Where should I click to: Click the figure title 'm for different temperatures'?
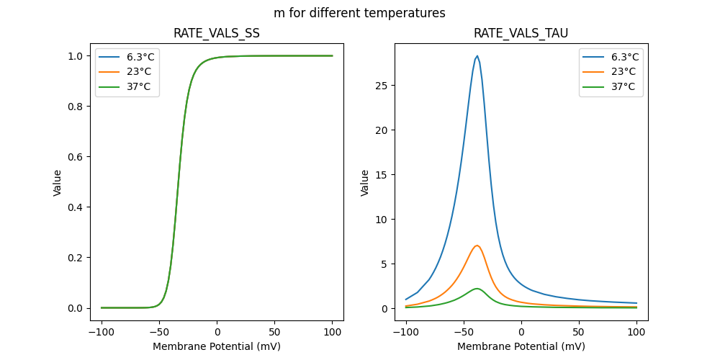tap(359, 13)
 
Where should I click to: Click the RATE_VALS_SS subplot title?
tap(216, 33)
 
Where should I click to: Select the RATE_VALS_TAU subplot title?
tap(521, 33)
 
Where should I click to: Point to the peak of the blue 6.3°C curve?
tap(477, 56)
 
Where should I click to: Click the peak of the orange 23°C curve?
tap(477, 246)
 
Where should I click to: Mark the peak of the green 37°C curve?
tap(477, 288)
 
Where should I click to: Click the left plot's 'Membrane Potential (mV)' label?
tap(216, 346)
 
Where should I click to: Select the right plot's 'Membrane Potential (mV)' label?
tap(521, 346)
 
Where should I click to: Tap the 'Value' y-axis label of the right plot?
tap(365, 182)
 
